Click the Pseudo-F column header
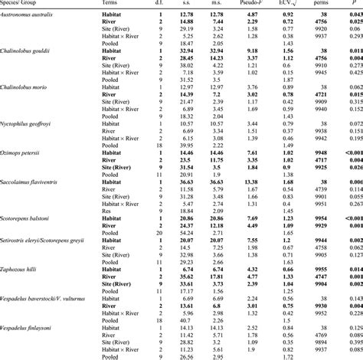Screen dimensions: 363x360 point(244,4)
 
